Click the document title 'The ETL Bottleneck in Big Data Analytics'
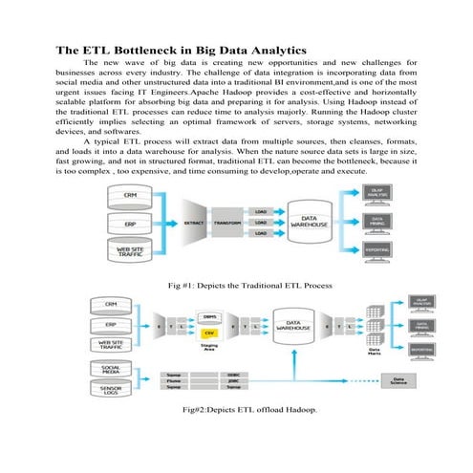pyautogui.click(x=181, y=49)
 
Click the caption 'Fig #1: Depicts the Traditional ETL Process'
pyautogui.click(x=236, y=284)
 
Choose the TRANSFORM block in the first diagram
pyautogui.click(x=228, y=223)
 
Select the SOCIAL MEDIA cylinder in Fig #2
pyautogui.click(x=111, y=369)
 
